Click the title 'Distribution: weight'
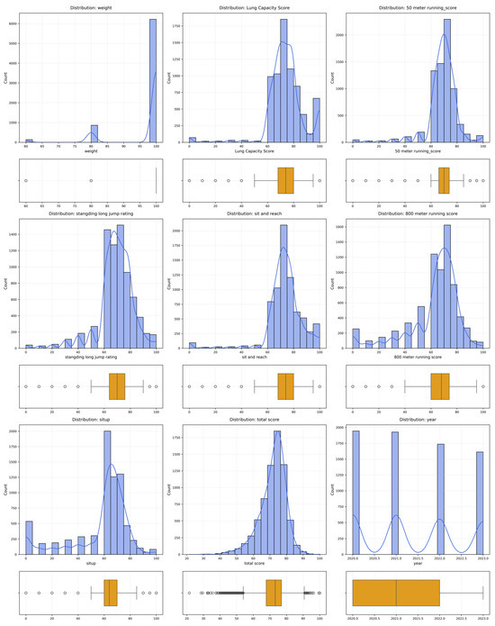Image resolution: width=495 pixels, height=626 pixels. [88, 7]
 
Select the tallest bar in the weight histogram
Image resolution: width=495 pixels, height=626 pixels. [153, 81]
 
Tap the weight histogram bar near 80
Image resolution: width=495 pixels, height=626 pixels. [94, 133]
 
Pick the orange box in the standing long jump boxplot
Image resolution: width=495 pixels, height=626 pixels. [119, 386]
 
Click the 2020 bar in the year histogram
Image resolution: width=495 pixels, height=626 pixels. [355, 495]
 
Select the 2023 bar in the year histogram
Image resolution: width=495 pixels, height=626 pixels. [479, 504]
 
